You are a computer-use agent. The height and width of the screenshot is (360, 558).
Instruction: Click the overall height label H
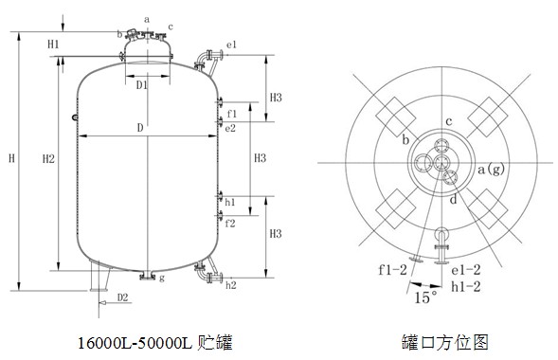click(11, 158)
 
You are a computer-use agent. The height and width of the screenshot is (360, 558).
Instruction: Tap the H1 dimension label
click(53, 45)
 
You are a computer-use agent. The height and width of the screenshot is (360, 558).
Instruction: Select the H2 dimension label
click(48, 158)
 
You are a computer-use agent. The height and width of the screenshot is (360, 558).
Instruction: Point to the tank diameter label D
click(140, 128)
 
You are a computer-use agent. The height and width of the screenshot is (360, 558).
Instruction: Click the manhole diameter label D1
click(142, 85)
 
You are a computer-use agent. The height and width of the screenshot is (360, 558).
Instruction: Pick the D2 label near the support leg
click(122, 297)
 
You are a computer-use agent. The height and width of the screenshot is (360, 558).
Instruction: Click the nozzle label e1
click(231, 45)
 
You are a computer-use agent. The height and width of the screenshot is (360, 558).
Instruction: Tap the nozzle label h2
click(231, 285)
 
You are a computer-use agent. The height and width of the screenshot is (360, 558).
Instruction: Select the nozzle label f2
click(230, 224)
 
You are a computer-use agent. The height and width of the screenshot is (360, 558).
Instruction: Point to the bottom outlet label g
click(162, 279)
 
